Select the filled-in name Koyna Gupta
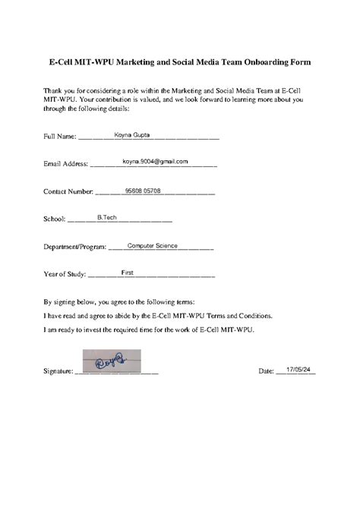132,134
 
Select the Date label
266,371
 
